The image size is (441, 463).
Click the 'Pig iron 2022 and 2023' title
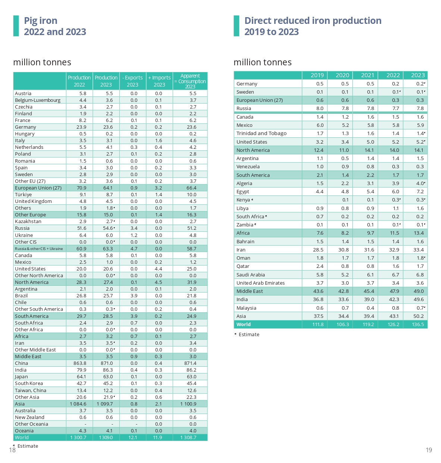(55, 26)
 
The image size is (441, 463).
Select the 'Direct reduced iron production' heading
(313, 21)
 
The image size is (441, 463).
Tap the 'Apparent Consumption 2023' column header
(190, 81)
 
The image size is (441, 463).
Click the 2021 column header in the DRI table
(367, 75)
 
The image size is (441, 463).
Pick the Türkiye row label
(24, 194)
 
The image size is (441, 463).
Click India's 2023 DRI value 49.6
(419, 299)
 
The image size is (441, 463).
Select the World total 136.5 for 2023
(418, 324)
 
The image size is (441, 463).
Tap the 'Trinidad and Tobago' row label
(261, 133)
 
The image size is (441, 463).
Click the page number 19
(429, 450)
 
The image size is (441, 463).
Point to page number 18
(12, 450)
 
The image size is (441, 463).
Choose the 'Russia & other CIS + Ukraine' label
(39, 248)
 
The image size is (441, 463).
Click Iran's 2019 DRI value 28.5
(318, 250)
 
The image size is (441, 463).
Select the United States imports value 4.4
(159, 269)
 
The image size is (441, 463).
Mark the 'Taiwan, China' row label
(31, 390)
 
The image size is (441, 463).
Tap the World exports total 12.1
(132, 437)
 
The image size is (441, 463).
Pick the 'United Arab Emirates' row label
(260, 283)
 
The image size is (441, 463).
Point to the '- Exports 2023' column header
(132, 81)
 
